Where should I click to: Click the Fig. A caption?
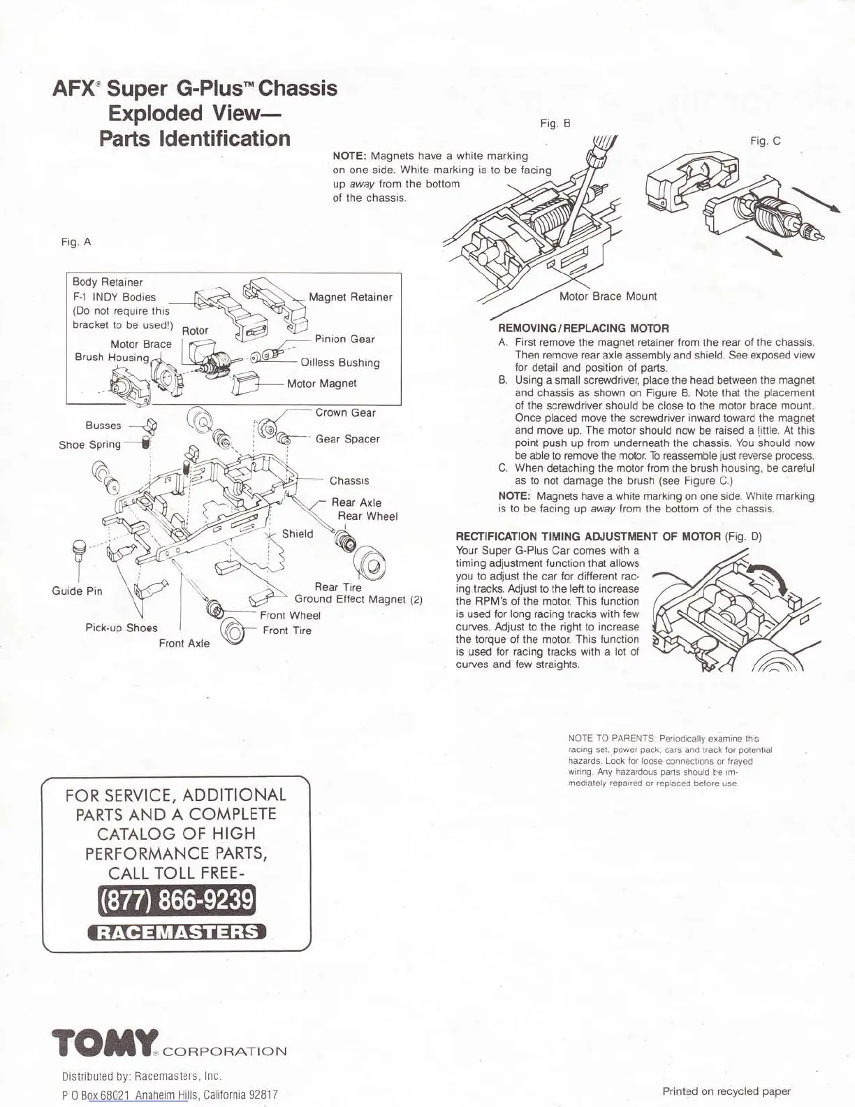[x=77, y=243]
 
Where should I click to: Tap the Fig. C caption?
[x=765, y=141]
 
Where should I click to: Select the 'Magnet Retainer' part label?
[x=350, y=297]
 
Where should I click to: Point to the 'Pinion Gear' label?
[x=344, y=339]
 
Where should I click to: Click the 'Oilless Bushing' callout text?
[x=340, y=363]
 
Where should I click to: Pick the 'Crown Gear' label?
[x=345, y=412]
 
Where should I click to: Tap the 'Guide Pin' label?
[x=77, y=591]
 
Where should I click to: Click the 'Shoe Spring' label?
[x=89, y=444]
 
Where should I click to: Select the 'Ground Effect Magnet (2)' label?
[x=358, y=599]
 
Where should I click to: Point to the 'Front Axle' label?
[x=184, y=643]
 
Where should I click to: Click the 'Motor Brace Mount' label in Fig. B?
[x=608, y=296]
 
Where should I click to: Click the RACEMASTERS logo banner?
[x=177, y=932]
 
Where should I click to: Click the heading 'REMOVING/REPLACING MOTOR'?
[x=583, y=328]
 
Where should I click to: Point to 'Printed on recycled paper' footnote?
[x=726, y=1091]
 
